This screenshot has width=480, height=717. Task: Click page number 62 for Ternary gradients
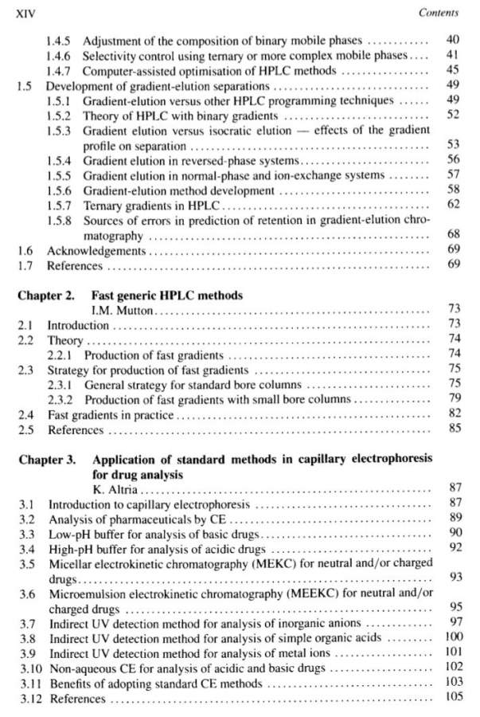454,206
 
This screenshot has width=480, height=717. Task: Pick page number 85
454,430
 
